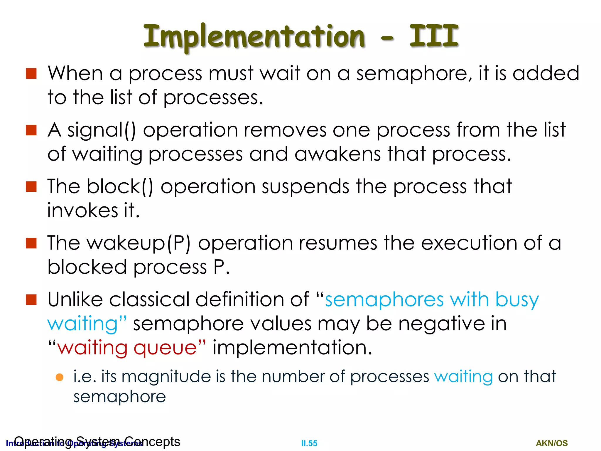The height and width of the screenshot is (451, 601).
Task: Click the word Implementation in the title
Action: click(254, 37)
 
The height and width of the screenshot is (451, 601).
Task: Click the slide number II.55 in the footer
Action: click(309, 443)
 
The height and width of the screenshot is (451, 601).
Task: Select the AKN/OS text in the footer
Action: click(552, 443)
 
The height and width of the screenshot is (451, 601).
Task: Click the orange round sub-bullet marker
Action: click(60, 377)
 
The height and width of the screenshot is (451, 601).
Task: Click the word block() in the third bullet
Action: click(120, 187)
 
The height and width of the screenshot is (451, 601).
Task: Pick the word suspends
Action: click(305, 187)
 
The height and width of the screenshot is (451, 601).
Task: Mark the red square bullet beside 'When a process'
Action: click(31, 74)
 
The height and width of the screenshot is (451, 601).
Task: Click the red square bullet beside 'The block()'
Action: click(31, 186)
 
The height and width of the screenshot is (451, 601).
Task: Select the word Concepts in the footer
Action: click(152, 442)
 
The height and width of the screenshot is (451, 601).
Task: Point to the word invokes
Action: click(82, 211)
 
